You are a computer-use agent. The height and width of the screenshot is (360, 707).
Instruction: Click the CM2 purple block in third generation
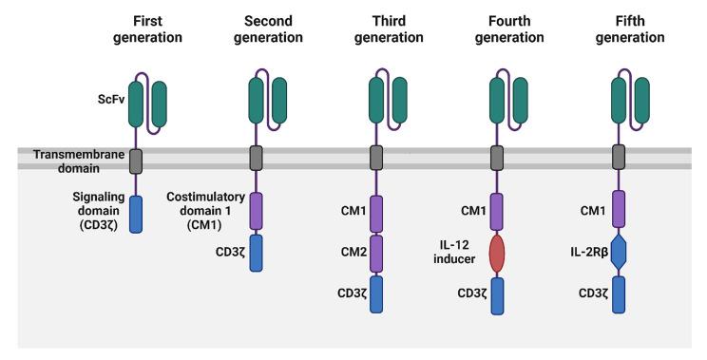tap(376, 253)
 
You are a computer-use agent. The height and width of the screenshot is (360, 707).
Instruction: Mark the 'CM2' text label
tap(340, 253)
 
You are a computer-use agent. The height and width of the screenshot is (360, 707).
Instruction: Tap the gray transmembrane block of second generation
tap(256, 158)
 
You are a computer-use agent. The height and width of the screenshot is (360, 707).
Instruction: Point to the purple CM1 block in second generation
tap(256, 210)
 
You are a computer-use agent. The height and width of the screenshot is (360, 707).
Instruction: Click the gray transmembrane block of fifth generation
tap(619, 158)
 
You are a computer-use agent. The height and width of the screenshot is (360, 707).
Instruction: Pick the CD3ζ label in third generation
tap(340, 294)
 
